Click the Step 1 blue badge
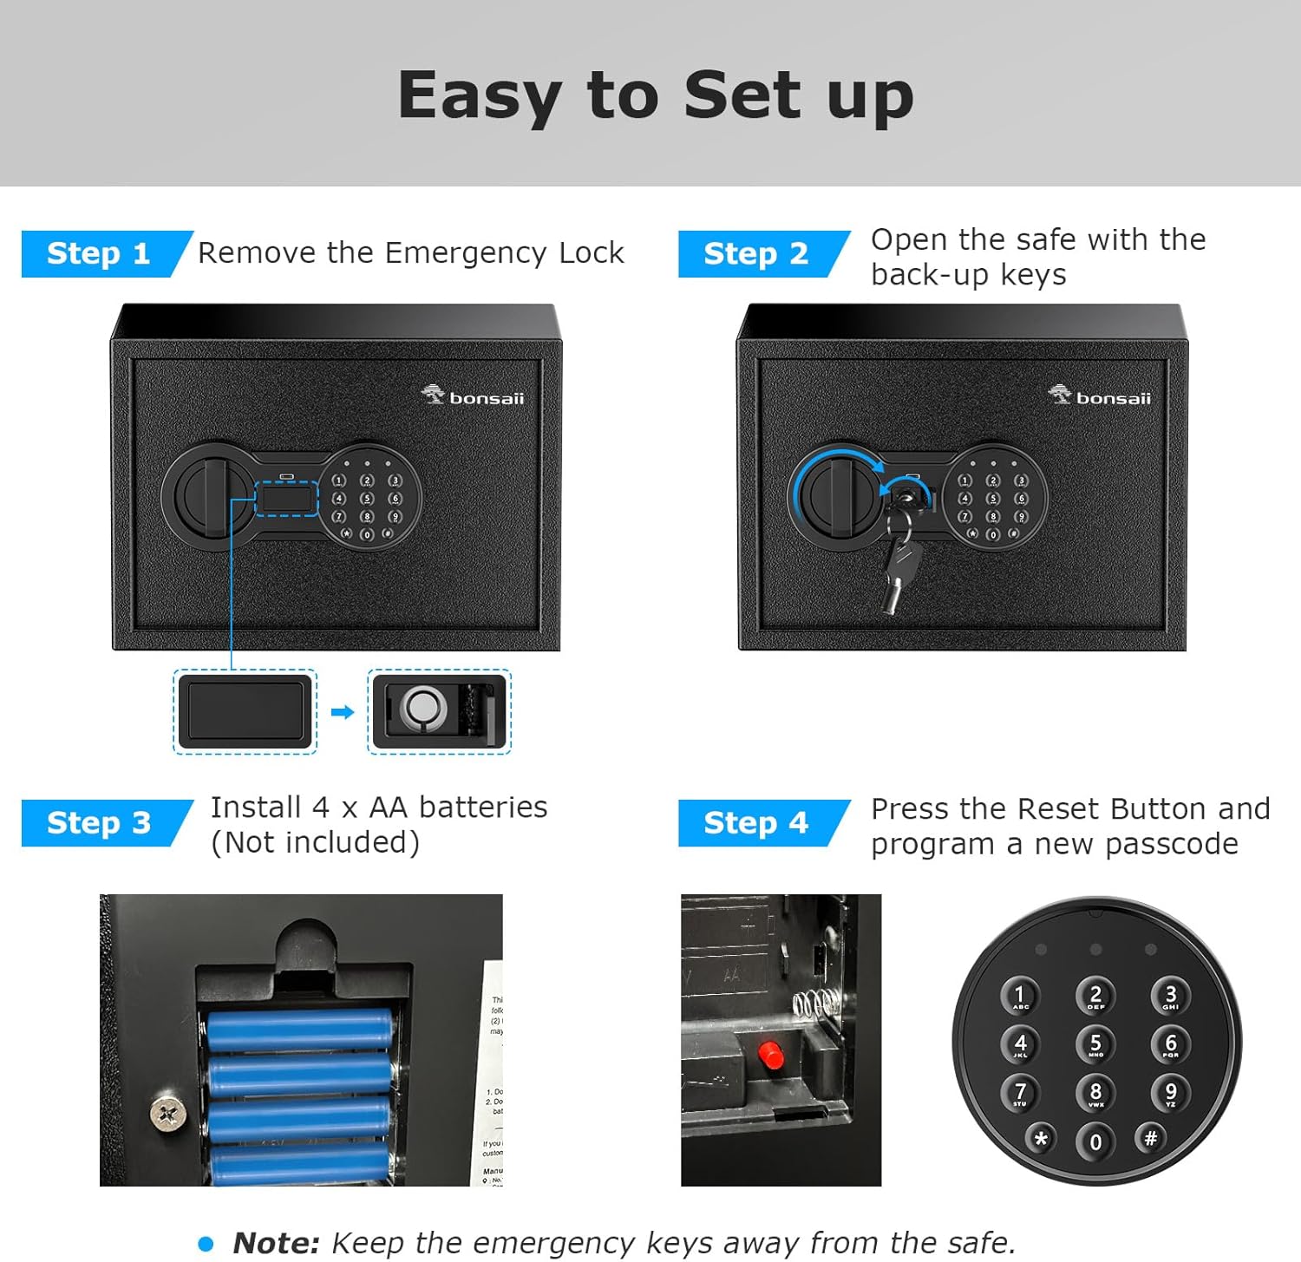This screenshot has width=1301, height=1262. (98, 253)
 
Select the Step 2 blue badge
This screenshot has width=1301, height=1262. (755, 253)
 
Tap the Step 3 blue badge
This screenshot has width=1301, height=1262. (98, 822)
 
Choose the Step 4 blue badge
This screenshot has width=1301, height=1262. (755, 822)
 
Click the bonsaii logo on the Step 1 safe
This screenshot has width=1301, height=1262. (473, 397)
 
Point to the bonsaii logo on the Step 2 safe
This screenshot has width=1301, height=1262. (1100, 397)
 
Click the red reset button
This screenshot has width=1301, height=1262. (770, 1055)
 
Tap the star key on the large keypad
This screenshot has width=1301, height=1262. (1041, 1139)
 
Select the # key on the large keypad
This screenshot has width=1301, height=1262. (1150, 1138)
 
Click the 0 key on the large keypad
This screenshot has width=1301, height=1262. (1095, 1141)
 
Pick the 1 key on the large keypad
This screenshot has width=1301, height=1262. (1020, 996)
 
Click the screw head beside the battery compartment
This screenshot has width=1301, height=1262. (167, 1113)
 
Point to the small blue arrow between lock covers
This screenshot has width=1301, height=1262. (343, 712)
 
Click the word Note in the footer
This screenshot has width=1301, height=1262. (276, 1243)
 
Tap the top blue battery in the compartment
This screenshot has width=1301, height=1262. (299, 1030)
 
